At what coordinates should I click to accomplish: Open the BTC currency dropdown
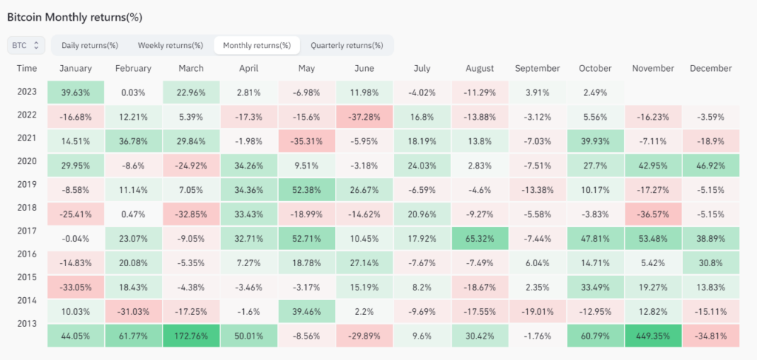coord(27,45)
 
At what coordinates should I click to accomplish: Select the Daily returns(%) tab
coord(89,45)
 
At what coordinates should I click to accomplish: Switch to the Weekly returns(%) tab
coord(170,45)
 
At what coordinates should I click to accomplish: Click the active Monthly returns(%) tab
coord(257,45)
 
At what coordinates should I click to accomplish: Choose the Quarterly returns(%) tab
coord(347,45)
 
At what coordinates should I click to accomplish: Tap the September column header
coord(537,69)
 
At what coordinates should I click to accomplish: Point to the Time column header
coord(27,69)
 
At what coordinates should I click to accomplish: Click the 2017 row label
coord(27,231)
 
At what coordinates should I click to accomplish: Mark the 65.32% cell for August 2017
coord(480,239)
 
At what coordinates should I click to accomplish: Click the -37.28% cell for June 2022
coord(364,117)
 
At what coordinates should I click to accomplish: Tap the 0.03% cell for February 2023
coord(133,92)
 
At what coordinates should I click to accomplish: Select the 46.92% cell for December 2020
coord(710,165)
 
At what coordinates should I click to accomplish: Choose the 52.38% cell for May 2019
coord(306,189)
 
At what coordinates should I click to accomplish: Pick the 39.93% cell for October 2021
coord(594,140)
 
